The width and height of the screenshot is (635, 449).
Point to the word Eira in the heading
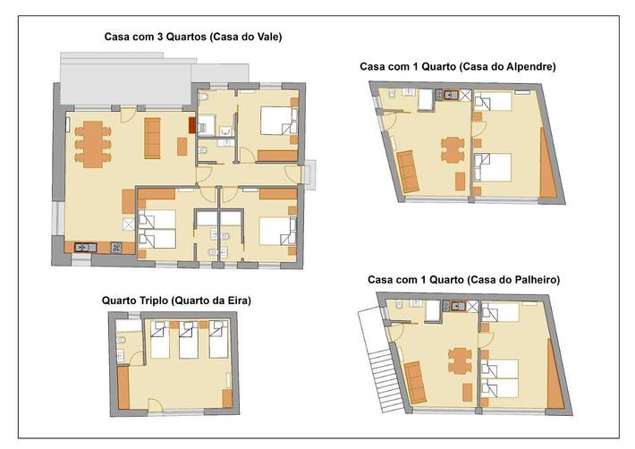coord(236,301)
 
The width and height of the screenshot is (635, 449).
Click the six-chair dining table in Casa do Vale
coord(90,143)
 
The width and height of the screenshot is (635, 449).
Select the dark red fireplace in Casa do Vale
coord(190,128)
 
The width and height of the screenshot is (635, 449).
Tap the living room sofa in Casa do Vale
coord(152,137)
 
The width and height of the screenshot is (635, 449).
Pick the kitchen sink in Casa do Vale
coord(86,246)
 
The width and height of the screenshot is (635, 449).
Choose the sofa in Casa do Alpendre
coord(409,172)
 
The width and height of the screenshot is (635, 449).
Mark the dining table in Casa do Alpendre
coord(453,148)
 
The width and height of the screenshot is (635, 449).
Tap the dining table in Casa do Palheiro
coord(460,360)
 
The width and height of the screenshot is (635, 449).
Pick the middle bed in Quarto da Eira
coord(189,341)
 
